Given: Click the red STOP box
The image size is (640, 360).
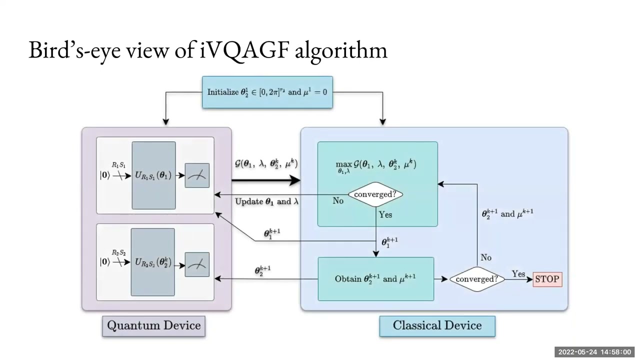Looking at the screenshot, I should click(547, 279).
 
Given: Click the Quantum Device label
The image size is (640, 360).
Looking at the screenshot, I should click(154, 325).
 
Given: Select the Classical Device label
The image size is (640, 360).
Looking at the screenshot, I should click(437, 325).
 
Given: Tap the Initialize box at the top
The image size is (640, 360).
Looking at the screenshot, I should click(267, 92).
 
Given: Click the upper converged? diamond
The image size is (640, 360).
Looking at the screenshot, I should click(375, 194).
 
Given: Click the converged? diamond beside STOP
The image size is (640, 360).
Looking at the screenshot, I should click(476, 279).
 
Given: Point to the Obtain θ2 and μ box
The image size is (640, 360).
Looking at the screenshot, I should click(375, 279).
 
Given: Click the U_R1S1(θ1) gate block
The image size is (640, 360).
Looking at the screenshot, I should click(153, 175).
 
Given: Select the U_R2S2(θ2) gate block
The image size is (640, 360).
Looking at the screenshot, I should click(153, 262).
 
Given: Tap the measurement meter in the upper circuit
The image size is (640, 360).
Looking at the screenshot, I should click(197, 175).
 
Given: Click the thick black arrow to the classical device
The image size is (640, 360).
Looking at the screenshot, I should click(265, 180).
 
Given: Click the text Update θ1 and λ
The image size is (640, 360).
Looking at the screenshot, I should click(266, 201).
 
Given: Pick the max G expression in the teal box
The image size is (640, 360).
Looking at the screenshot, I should click(376, 165).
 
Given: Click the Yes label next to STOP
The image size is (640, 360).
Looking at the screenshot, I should click(518, 273).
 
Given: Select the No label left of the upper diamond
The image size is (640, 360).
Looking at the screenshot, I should click(338, 200).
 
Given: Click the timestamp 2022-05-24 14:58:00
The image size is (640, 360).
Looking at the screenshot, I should click(594, 352).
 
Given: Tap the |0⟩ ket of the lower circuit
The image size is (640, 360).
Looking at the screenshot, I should click(104, 262).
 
